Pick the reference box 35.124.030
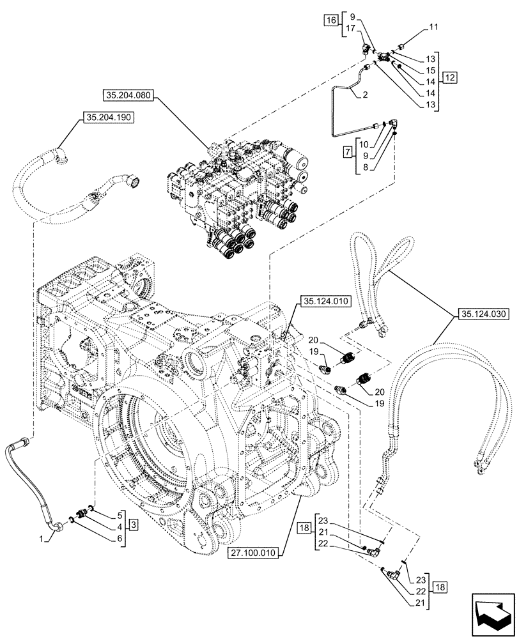[x=482, y=313]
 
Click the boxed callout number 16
[x=330, y=21]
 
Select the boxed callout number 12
[x=449, y=77]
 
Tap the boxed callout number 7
[x=347, y=154]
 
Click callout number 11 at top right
[x=433, y=27]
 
